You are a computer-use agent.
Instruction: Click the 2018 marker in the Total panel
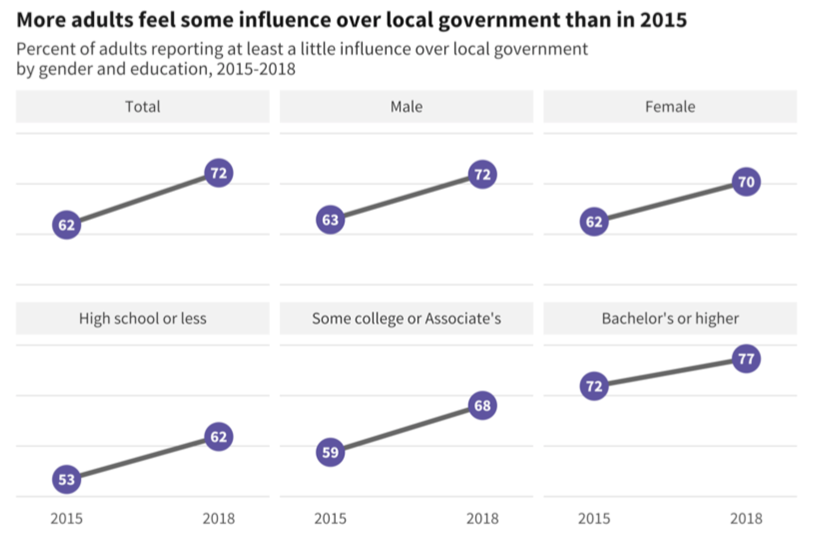[219, 174]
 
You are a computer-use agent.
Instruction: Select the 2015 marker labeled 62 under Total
[67, 225]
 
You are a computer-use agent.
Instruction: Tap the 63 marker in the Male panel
[331, 220]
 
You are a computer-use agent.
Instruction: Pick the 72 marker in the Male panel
[482, 175]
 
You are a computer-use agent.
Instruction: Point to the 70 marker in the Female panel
[745, 183]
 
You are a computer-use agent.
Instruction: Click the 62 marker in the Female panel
[594, 222]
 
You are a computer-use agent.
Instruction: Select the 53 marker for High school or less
[67, 480]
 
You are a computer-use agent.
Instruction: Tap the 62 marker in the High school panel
[219, 436]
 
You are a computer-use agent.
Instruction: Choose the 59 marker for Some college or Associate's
[331, 452]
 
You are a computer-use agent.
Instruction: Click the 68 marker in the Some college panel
[482, 406]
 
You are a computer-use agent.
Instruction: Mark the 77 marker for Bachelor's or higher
[745, 359]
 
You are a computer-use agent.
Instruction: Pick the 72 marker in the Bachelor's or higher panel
[594, 385]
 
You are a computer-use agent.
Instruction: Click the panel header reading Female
[670, 107]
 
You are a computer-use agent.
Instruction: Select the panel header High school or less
[143, 318]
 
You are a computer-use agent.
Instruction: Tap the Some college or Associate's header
[407, 318]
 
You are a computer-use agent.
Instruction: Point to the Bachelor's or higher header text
[670, 318]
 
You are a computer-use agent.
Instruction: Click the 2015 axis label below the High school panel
[67, 518]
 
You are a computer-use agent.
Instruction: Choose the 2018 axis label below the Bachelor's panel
[745, 518]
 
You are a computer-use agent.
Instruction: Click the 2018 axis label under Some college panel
[482, 518]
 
